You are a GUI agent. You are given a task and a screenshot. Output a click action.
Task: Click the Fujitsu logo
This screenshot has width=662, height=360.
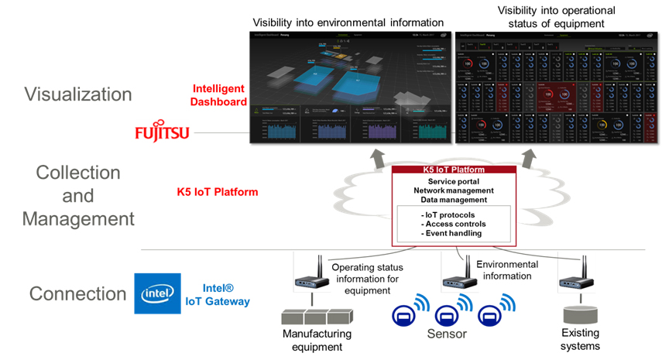[x=161, y=132]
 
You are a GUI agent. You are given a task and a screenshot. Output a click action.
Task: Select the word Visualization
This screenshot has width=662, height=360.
[x=78, y=94]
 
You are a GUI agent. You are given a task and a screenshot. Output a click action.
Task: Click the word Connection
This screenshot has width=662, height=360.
[x=77, y=294]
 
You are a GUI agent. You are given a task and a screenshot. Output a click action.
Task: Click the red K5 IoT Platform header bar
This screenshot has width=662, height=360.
[x=454, y=170]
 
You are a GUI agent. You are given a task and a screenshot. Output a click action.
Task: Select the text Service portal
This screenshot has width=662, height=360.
[x=454, y=180]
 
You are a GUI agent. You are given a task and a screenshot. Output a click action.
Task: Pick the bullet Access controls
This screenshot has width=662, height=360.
[x=454, y=223]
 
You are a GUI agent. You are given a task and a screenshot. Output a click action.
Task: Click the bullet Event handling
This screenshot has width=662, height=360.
[x=453, y=233]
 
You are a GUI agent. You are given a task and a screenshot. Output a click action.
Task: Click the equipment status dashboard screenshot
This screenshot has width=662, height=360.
[x=554, y=88]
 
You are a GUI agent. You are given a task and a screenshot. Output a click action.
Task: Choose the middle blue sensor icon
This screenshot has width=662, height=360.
[x=448, y=316]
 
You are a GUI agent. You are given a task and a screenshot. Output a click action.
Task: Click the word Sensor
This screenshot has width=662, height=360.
[x=447, y=334]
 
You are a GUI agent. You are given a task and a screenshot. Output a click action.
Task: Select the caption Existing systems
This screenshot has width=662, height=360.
[x=580, y=339]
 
